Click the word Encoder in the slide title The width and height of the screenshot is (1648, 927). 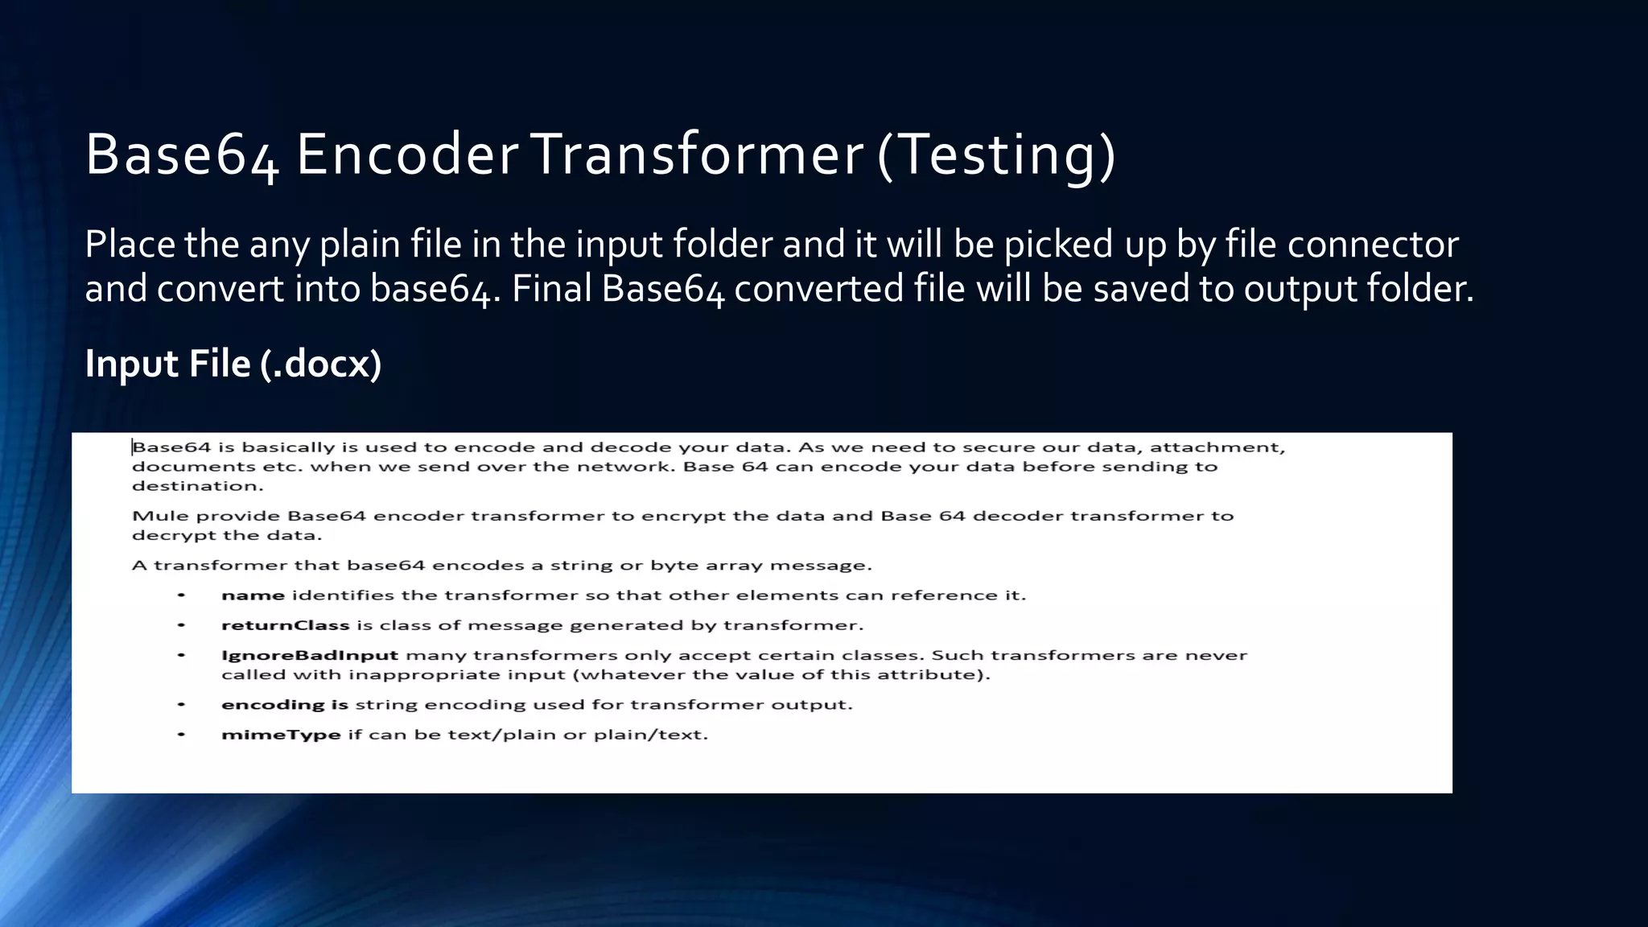[x=406, y=154]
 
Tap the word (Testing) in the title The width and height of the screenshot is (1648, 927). [x=996, y=154]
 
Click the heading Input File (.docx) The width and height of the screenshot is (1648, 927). [x=233, y=364]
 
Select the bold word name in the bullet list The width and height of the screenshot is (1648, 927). [x=253, y=595]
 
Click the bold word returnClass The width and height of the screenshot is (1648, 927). [x=285, y=625]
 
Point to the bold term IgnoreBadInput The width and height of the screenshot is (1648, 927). [x=310, y=655]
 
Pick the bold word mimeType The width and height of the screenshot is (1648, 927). [x=281, y=735]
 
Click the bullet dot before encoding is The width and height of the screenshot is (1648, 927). [x=182, y=705]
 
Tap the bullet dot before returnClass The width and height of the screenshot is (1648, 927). [x=182, y=625]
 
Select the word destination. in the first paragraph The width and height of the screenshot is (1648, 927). [x=197, y=486]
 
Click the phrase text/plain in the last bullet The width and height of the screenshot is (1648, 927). [x=503, y=735]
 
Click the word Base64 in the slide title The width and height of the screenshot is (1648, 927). [x=182, y=154]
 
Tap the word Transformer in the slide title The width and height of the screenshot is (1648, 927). [x=696, y=154]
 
